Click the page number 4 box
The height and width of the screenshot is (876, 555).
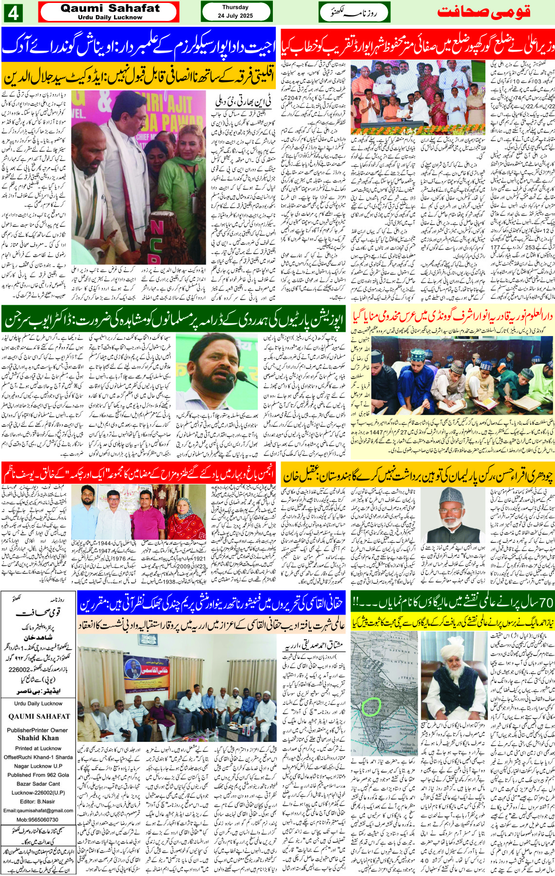pos(13,13)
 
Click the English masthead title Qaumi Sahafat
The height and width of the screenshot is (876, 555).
pos(110,9)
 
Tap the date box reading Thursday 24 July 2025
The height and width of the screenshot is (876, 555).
pos(236,12)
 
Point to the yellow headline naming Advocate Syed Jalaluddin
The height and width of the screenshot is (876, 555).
pos(139,76)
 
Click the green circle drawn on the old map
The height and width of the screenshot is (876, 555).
pos(373,706)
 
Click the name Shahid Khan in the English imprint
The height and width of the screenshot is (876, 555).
pos(38,738)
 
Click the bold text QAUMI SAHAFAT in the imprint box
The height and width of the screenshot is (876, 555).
pos(39,717)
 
